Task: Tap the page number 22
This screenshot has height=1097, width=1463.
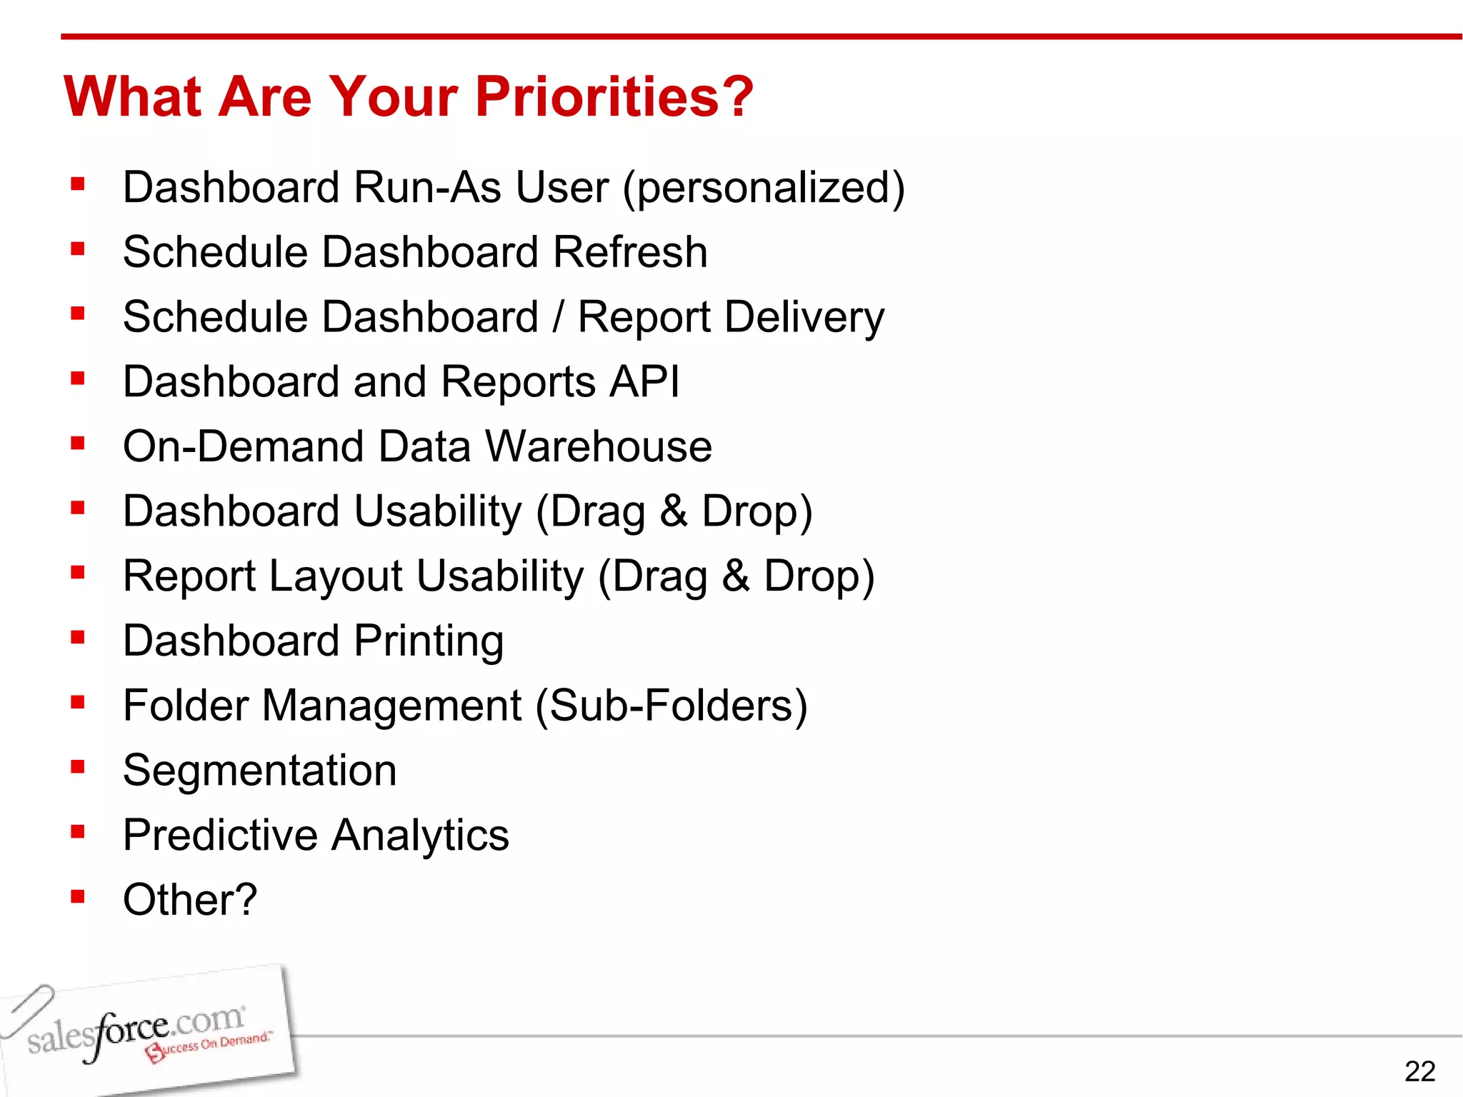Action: (1419, 1071)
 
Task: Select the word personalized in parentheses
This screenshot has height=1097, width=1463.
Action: (764, 188)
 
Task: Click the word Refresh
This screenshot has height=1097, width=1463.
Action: (630, 252)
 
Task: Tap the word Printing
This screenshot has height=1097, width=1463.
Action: (429, 641)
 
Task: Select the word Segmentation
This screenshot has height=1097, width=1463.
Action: (260, 771)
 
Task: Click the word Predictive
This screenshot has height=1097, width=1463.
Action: (220, 835)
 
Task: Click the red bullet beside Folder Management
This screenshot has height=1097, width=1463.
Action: (78, 702)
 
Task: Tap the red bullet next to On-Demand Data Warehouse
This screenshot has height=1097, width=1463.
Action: (78, 443)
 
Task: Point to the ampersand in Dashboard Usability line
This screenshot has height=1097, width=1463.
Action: (674, 511)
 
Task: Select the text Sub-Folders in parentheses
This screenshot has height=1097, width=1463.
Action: (671, 706)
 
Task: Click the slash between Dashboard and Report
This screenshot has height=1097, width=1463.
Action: (558, 317)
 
